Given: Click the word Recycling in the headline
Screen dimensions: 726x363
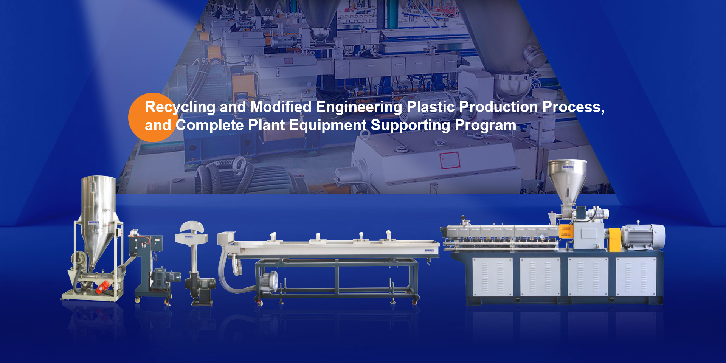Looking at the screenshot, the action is point(180,107).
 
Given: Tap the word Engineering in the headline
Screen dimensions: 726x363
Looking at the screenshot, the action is point(359,107).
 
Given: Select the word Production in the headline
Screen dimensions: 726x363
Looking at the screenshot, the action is point(498,107).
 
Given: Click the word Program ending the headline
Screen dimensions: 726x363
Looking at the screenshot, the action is point(485,126).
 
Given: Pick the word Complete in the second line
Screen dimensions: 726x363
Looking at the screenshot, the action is point(209,126).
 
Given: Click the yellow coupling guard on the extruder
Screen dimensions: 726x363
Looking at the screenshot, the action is point(614,239).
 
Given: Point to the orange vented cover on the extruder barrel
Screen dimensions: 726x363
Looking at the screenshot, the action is point(566,231).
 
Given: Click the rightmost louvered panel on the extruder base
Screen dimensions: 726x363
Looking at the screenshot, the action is point(636,276).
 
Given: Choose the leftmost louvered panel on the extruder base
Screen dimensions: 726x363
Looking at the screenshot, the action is point(492,276).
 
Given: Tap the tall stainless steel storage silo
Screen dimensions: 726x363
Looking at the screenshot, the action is point(99,219).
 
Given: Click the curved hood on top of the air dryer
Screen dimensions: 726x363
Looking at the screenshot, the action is point(192,227).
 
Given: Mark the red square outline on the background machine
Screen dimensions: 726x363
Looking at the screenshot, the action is point(449,160).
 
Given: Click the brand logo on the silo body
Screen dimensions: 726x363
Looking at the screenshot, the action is point(94,222).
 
